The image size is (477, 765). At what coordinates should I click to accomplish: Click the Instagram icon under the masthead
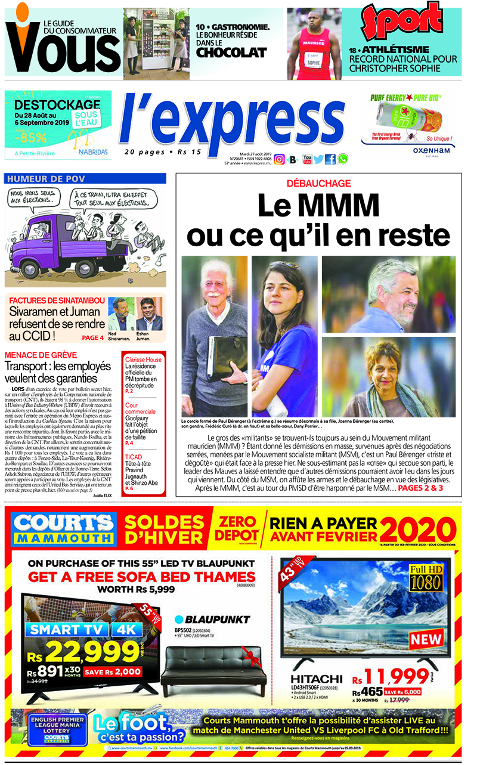point(279,159)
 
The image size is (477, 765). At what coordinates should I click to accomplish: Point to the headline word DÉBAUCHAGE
point(318,184)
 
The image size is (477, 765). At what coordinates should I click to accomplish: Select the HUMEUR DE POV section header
point(47,179)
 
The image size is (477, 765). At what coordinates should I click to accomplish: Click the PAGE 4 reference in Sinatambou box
point(92,338)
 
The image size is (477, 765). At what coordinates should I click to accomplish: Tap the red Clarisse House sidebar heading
point(143,360)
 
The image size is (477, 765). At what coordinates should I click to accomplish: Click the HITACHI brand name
point(317,679)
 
